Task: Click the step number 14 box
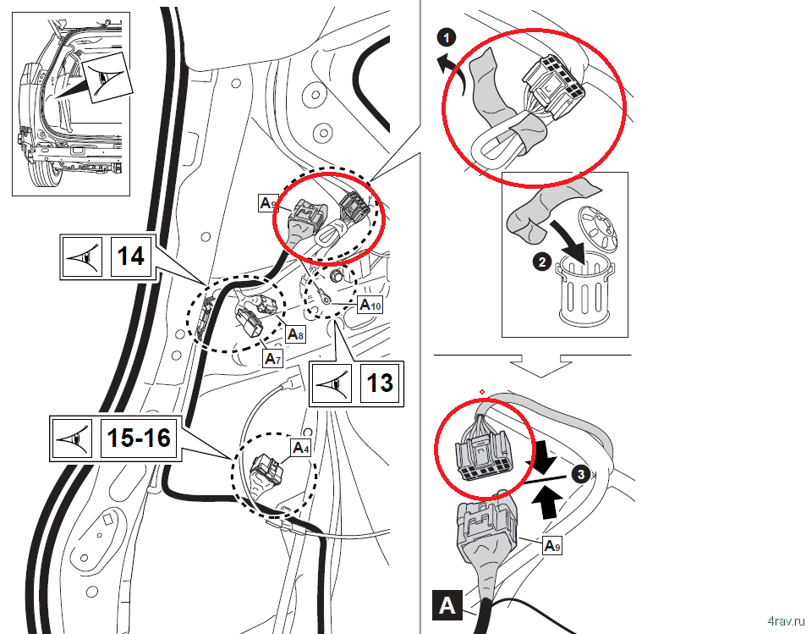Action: [130, 256]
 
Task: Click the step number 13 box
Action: [380, 384]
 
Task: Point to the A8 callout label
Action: [295, 334]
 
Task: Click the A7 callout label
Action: [272, 360]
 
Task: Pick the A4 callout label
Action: [301, 447]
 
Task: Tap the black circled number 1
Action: [447, 37]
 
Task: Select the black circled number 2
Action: [542, 262]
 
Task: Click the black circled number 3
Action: [579, 475]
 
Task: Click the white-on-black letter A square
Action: [447, 606]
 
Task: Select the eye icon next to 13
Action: [333, 384]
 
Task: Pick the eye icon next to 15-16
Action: [72, 438]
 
